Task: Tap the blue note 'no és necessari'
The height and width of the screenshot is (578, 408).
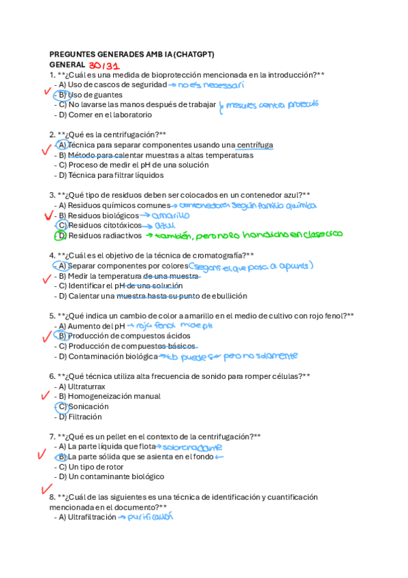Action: [x=210, y=85]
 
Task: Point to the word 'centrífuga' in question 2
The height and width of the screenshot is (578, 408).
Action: [x=254, y=145]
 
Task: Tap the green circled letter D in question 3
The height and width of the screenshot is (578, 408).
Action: [x=60, y=236]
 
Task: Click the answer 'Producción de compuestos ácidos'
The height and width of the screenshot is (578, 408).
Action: [x=129, y=336]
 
